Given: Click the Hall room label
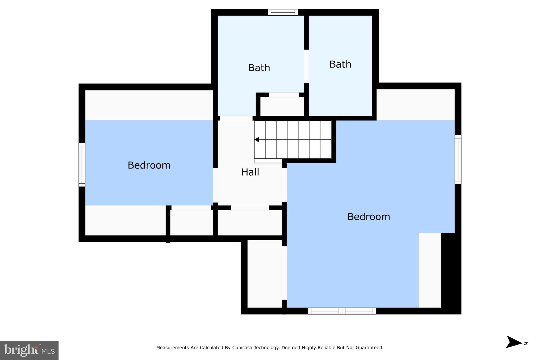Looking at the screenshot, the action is tap(250, 172).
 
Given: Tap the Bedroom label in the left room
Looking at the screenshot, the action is tap(149, 165).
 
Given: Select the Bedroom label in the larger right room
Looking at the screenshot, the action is tap(369, 217).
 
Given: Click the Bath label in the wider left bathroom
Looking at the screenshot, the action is tap(259, 68).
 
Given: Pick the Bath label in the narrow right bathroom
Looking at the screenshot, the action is tap(340, 64).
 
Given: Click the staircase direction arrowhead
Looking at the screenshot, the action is tap(257, 140).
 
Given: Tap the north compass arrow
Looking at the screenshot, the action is tap(514, 342).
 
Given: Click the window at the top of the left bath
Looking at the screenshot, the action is tap(283, 12).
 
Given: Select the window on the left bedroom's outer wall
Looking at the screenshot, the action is tap(82, 165).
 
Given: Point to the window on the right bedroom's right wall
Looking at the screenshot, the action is tap(458, 160).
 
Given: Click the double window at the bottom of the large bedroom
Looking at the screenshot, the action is tap(342, 311).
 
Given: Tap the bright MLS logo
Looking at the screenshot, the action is tap(29, 350).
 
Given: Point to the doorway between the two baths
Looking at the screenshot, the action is tap(306, 66).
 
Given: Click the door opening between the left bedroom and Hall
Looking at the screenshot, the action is tap(215, 185).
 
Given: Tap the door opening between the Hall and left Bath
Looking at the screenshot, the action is tap(236, 118).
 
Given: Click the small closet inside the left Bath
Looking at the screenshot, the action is tap(282, 107).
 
